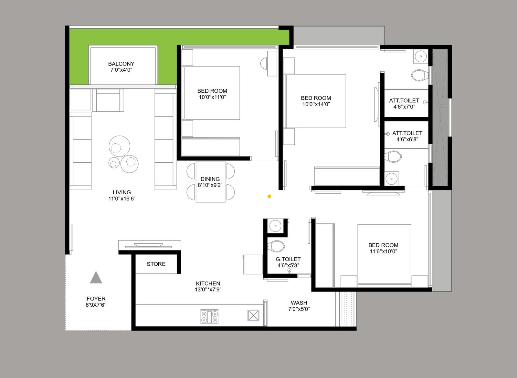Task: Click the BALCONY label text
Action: click(x=121, y=64)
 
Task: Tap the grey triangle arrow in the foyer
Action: click(x=96, y=278)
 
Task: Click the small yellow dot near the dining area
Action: click(x=269, y=196)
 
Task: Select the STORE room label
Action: click(x=156, y=264)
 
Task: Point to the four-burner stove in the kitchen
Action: click(x=209, y=316)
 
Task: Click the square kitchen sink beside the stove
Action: click(x=253, y=315)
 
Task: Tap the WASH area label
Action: click(x=299, y=303)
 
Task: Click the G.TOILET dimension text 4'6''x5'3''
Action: click(x=288, y=266)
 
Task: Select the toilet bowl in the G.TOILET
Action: click(x=276, y=246)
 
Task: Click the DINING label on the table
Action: click(x=210, y=179)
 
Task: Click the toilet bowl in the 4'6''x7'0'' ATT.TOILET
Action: click(x=419, y=76)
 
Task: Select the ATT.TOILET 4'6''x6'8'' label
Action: click(x=407, y=136)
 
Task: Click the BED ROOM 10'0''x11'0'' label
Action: click(x=212, y=94)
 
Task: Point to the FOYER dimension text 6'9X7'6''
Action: click(x=96, y=305)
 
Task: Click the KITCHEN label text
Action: click(x=208, y=283)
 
